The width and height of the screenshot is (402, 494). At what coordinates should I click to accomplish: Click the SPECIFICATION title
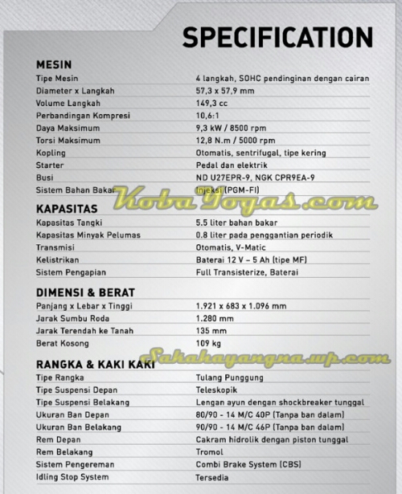(x=277, y=37)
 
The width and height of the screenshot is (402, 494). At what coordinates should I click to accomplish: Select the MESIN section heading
(x=55, y=64)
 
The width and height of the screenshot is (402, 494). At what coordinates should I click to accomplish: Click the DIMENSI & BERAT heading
(x=85, y=292)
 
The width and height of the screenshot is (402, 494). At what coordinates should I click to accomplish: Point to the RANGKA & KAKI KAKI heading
(x=96, y=364)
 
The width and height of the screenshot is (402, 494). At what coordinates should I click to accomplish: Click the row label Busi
(x=45, y=178)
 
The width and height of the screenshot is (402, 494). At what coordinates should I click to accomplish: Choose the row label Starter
(x=50, y=165)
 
